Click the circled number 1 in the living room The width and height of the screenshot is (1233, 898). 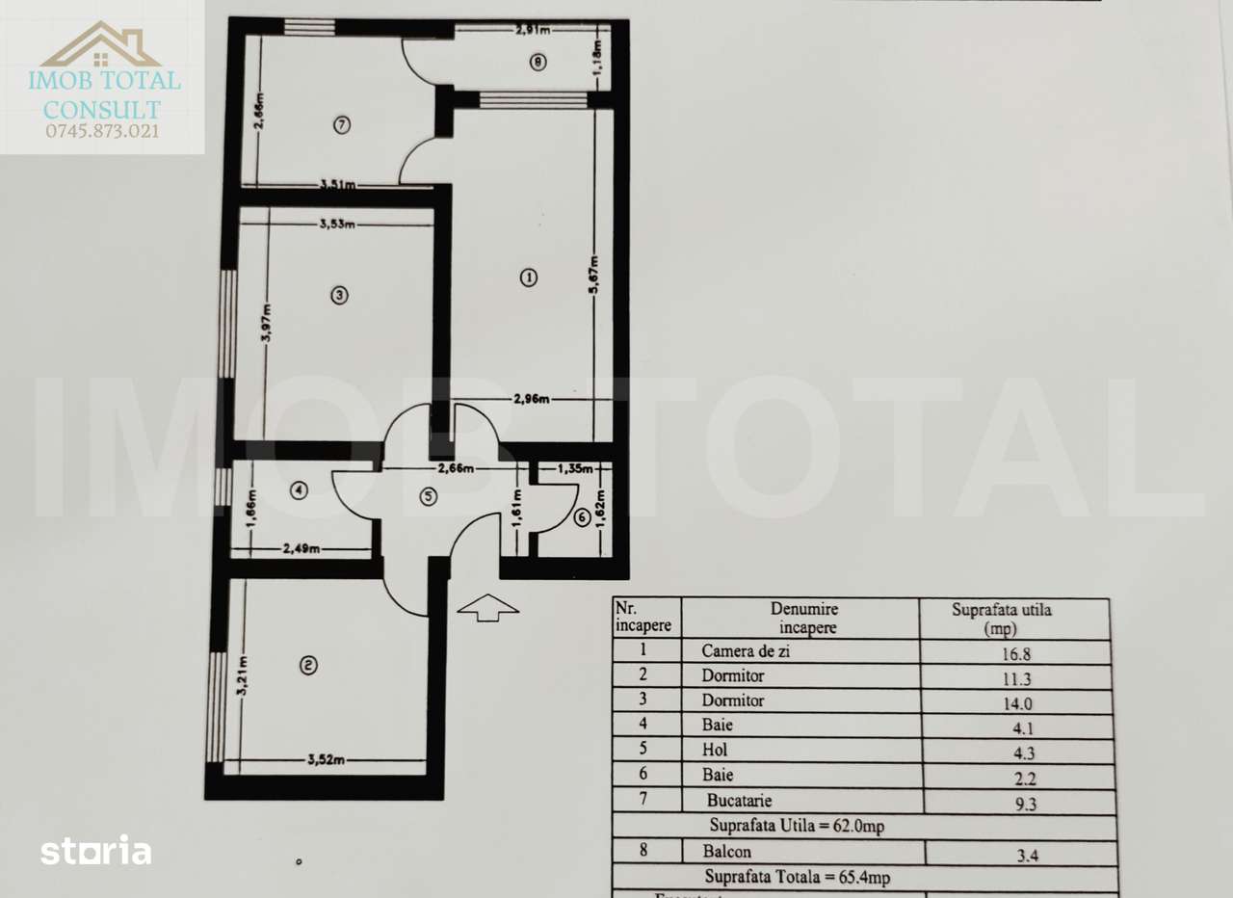(528, 277)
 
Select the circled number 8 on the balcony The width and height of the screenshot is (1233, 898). (538, 63)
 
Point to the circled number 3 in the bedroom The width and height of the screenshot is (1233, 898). (338, 296)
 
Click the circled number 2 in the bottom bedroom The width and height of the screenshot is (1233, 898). (307, 665)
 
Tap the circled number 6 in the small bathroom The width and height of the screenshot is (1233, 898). (581, 518)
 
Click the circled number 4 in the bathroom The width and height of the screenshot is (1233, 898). (300, 490)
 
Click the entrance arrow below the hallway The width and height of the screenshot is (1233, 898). (488, 607)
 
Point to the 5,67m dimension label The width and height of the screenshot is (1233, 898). (596, 276)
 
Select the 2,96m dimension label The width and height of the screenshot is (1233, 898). (531, 399)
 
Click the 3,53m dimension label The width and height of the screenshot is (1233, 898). (337, 225)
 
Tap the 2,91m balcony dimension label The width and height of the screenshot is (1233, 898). (533, 30)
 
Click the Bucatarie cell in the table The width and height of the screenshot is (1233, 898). (739, 801)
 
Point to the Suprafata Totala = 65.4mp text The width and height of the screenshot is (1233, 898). (798, 878)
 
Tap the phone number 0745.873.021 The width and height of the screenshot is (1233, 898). (102, 131)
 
